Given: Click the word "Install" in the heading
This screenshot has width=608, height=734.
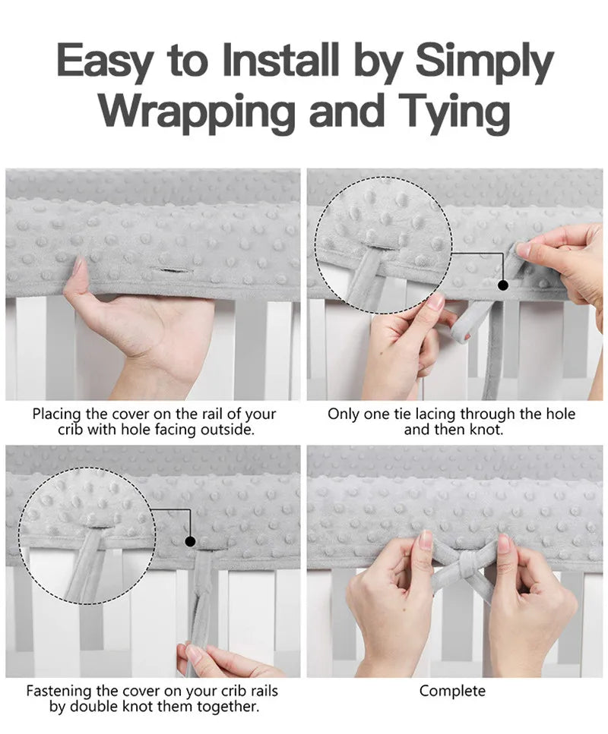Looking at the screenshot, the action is pyautogui.click(x=280, y=59).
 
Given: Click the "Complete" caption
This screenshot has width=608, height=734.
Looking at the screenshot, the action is pyautogui.click(x=452, y=691).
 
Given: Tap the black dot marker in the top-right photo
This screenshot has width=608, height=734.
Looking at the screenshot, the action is pyautogui.click(x=503, y=285).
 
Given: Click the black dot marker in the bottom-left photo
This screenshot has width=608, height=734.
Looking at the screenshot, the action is pyautogui.click(x=190, y=542).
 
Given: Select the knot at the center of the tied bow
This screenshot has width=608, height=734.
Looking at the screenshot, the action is pyautogui.click(x=466, y=564).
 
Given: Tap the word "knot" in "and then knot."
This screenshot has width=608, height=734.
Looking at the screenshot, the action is pyautogui.click(x=485, y=430).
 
